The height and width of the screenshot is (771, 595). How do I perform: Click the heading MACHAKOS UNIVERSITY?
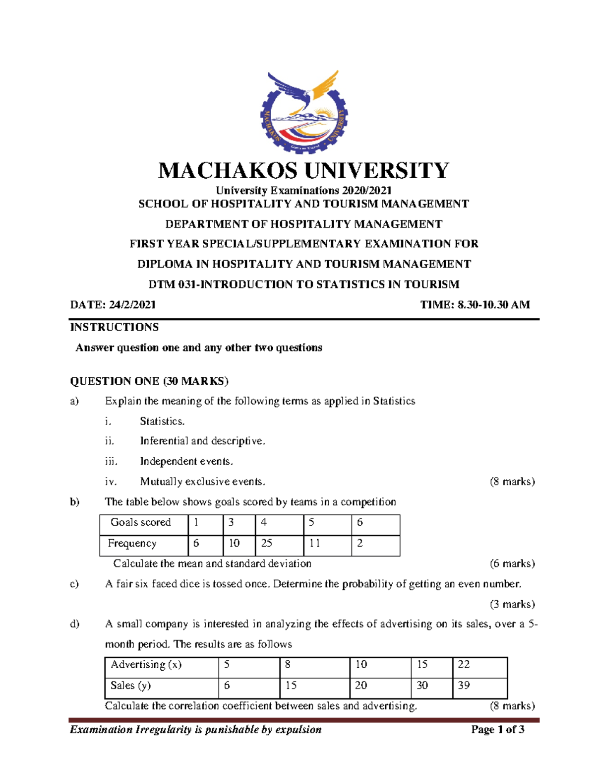[303, 171]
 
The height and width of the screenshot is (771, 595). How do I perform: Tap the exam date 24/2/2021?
[132, 305]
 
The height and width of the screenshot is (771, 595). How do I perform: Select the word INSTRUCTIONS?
[115, 327]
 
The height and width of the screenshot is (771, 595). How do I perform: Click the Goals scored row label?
[141, 522]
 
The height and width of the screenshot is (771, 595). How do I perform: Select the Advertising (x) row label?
[146, 665]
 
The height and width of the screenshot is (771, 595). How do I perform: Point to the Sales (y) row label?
[131, 686]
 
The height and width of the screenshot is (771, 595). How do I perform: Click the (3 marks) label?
[512, 604]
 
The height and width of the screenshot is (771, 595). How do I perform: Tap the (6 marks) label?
[512, 563]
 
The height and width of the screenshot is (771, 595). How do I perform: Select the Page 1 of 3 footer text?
[498, 729]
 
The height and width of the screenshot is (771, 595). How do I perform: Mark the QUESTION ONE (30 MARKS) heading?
[149, 381]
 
